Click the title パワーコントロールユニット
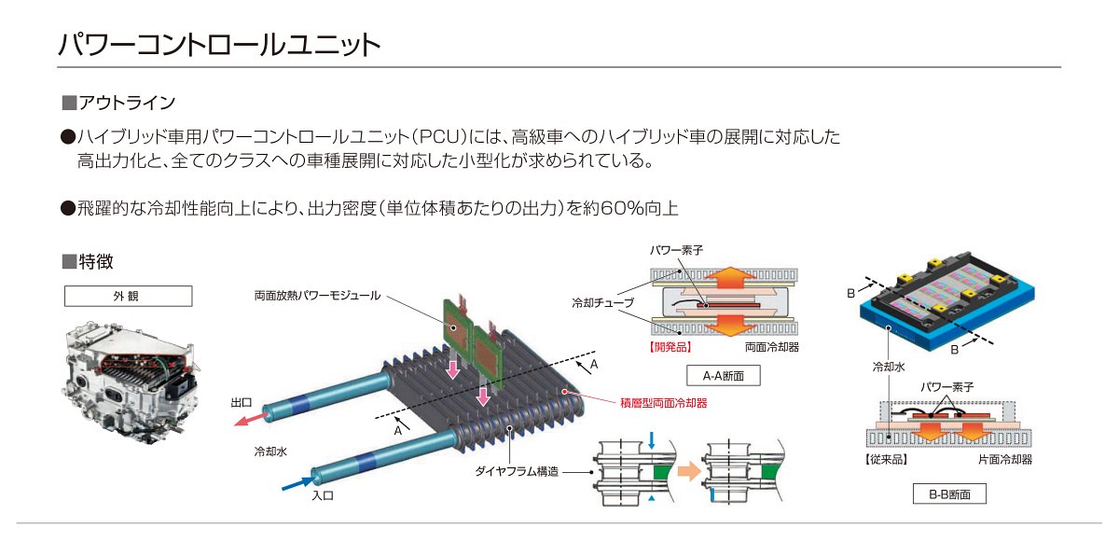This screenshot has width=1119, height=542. pos(219,45)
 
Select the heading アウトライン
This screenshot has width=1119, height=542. pos(127,103)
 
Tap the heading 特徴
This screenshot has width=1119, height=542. pos(96,261)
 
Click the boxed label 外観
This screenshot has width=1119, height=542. pos(129,297)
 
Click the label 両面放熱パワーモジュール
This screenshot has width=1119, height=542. pos(318,296)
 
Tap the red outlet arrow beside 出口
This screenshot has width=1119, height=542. pos(250,419)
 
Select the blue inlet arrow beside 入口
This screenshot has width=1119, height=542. pos(298,483)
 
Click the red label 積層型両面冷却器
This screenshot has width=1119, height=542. pos(663,403)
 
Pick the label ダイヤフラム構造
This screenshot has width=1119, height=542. pos(517,471)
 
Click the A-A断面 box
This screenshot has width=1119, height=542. pos(724,376)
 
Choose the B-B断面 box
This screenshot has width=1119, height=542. pos(949,494)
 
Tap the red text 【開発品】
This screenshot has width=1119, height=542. pos(670,347)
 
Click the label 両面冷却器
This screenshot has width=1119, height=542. pos(772,347)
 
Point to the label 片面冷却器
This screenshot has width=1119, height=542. pos(1004,459)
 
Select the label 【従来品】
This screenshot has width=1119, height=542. pos(886,459)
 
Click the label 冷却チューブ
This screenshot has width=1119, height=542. pos(603,303)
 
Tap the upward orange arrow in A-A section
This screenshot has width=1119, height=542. pos(731,279)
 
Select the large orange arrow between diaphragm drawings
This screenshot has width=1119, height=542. pos(689,471)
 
